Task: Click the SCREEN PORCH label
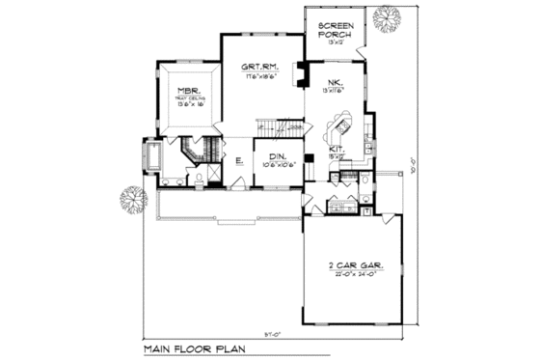coord(335,28)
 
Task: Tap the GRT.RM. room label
coord(260,66)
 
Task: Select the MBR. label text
coord(188,96)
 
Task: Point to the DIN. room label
coord(276,154)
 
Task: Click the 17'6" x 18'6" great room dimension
coord(260,74)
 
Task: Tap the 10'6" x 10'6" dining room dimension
coord(276,163)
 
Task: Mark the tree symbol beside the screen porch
coord(389,18)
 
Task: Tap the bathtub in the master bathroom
coord(151,155)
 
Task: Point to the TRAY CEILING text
coord(188,103)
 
